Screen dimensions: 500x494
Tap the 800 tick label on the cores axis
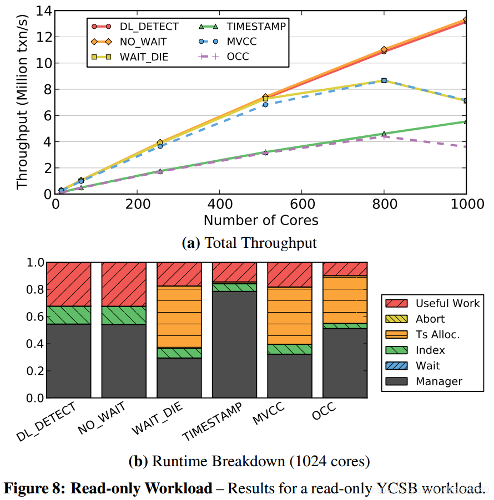(384, 205)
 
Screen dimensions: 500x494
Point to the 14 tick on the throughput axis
(42, 11)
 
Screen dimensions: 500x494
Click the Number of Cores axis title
(261, 220)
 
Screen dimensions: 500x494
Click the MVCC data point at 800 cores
(384, 80)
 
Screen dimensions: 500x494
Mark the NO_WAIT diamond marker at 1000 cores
(465, 20)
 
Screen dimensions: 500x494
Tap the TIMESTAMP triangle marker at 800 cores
(384, 134)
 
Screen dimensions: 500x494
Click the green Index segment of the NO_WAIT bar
(124, 315)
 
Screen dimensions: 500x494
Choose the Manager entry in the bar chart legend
(438, 381)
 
